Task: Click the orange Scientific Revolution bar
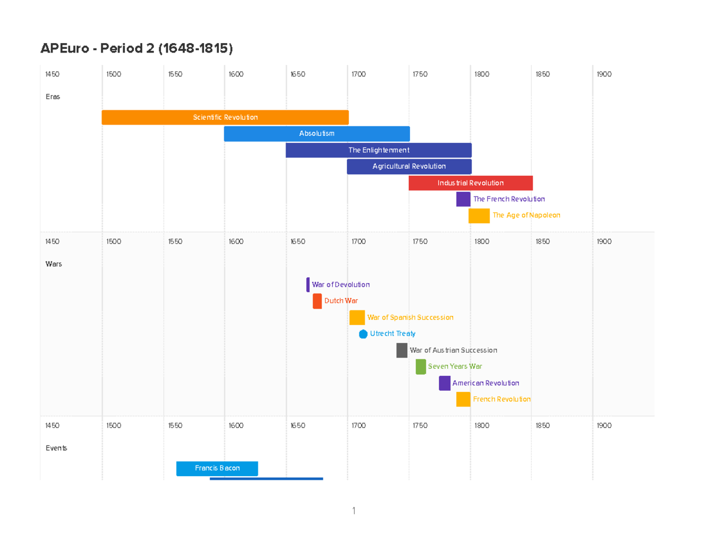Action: click(225, 117)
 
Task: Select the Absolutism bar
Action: click(317, 134)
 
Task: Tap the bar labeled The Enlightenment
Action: click(378, 150)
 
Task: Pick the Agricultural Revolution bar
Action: click(409, 167)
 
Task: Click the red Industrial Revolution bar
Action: click(470, 183)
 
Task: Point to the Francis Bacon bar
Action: click(217, 469)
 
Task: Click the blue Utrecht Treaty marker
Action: click(363, 334)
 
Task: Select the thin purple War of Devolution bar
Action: click(308, 284)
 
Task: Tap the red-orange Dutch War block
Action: click(317, 301)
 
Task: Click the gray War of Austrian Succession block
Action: click(402, 351)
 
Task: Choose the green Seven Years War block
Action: click(421, 366)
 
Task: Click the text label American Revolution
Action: click(486, 384)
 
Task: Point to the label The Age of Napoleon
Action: click(526, 215)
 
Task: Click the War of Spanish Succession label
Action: click(410, 317)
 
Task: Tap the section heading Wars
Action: click(54, 264)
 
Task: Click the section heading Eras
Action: click(53, 97)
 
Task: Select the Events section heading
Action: click(56, 448)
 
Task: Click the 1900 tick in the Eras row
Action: click(604, 74)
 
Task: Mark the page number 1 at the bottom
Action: click(353, 511)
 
